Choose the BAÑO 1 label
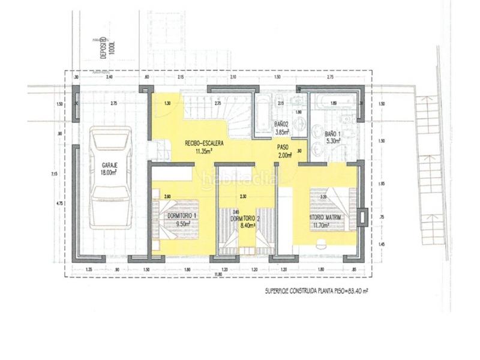[332, 134]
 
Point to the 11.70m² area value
[327, 226]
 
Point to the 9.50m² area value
[182, 224]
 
